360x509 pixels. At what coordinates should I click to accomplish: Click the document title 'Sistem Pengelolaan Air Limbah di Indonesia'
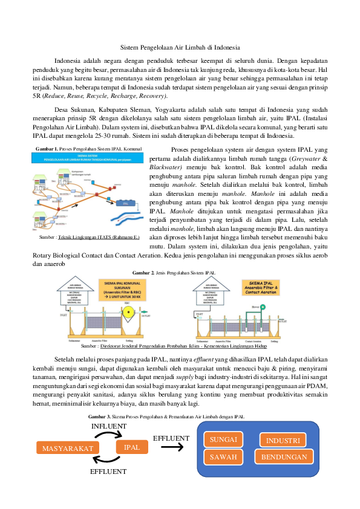[180, 47]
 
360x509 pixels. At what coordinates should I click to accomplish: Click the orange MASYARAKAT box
[68, 448]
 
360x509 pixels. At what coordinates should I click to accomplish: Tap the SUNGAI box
[223, 439]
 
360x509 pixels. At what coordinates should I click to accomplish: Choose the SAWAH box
[223, 458]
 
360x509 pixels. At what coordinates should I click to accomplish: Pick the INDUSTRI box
[283, 440]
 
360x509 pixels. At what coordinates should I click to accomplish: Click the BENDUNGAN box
[284, 457]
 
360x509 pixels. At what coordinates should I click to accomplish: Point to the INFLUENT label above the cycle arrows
[109, 426]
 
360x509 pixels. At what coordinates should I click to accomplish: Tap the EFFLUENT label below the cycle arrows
[108, 471]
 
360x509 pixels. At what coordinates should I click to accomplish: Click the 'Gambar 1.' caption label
[48, 149]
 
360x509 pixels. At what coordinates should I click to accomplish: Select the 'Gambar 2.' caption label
[144, 274]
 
